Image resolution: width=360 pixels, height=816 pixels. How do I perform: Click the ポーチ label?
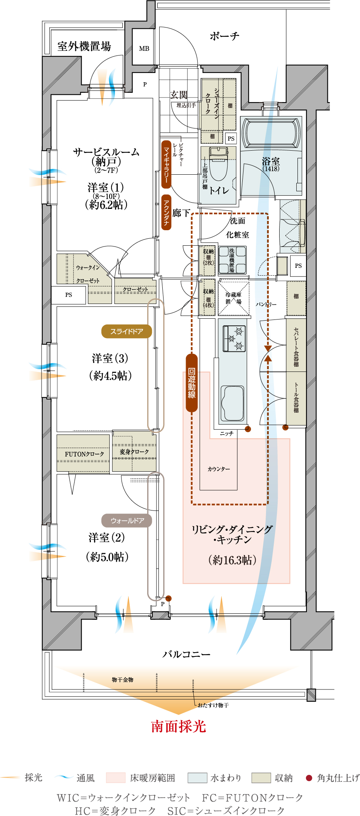pos(224,36)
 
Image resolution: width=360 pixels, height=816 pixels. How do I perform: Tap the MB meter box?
pos(144,49)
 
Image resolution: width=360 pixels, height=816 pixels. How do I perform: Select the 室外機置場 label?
pos(84,46)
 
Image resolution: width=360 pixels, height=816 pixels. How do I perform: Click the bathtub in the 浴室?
pos(271,133)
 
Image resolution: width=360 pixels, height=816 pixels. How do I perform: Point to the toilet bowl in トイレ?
pos(219,163)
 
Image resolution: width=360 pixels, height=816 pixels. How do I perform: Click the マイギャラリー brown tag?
pos(166,164)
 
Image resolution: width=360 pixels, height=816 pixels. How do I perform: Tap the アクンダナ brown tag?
pos(166,212)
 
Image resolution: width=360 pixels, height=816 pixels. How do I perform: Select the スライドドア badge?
pos(127,332)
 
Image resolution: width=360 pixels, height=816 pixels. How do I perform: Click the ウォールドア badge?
pos(127,521)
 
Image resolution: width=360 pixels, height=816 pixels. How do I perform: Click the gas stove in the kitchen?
pos(234,339)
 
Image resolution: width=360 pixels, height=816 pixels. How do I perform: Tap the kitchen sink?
pos(232,403)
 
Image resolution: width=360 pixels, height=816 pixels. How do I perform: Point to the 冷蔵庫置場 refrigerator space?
pos(233,298)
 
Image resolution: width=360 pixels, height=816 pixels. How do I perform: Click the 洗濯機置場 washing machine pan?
pos(232,260)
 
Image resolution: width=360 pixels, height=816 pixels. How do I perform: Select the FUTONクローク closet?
pos(83,453)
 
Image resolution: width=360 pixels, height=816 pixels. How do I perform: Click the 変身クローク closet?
pos(134,451)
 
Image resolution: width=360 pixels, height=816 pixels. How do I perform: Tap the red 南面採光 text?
pos(179,726)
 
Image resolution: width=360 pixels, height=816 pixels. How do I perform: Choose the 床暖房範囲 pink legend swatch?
pos(116,778)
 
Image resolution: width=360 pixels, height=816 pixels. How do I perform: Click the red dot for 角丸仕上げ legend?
pos(309,778)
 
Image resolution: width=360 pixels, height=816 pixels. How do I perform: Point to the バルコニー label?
pos(186,654)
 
